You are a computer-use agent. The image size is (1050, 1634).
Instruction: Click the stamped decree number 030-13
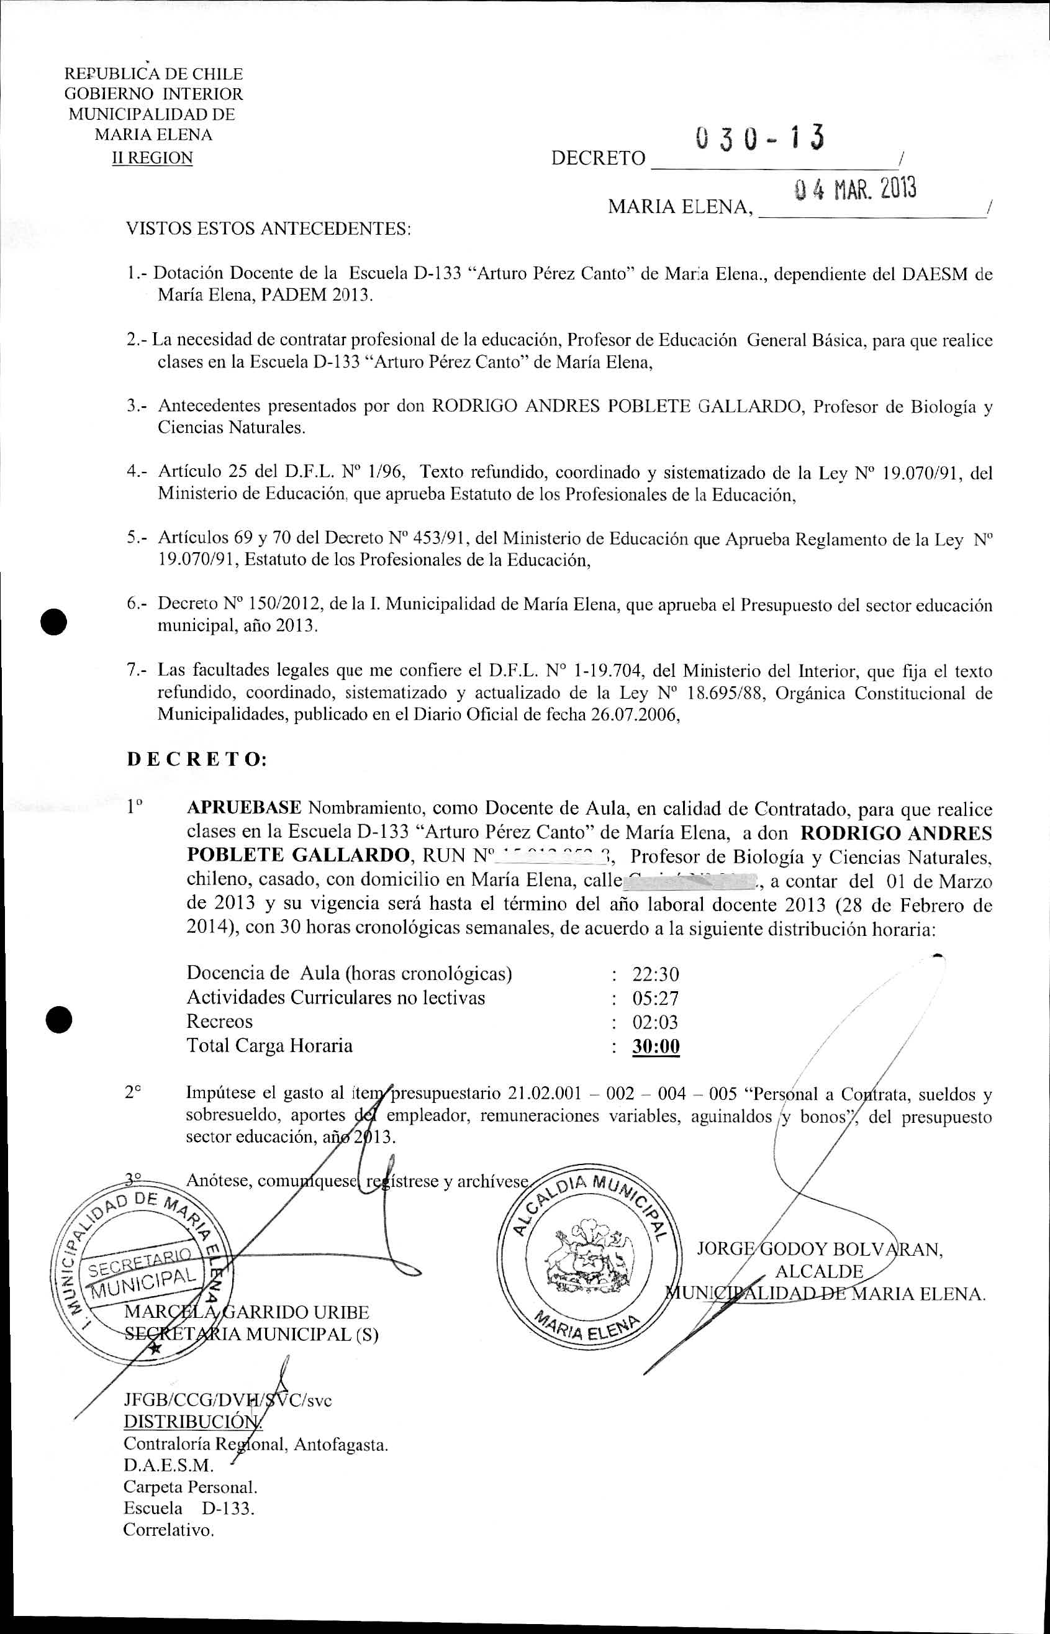(759, 138)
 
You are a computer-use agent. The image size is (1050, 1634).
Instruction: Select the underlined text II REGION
(152, 158)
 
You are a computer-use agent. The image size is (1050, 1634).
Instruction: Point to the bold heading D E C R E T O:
(196, 760)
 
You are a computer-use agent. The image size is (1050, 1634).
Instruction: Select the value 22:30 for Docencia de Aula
(655, 974)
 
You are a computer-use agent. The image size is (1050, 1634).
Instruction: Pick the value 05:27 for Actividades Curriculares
(655, 999)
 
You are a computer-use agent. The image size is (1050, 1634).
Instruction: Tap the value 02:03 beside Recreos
(655, 1022)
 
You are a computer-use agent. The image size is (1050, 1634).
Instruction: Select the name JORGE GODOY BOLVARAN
(819, 1250)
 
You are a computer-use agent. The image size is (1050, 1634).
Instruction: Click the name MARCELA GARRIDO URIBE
(247, 1312)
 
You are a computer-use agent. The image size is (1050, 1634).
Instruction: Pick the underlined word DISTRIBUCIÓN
(192, 1422)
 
